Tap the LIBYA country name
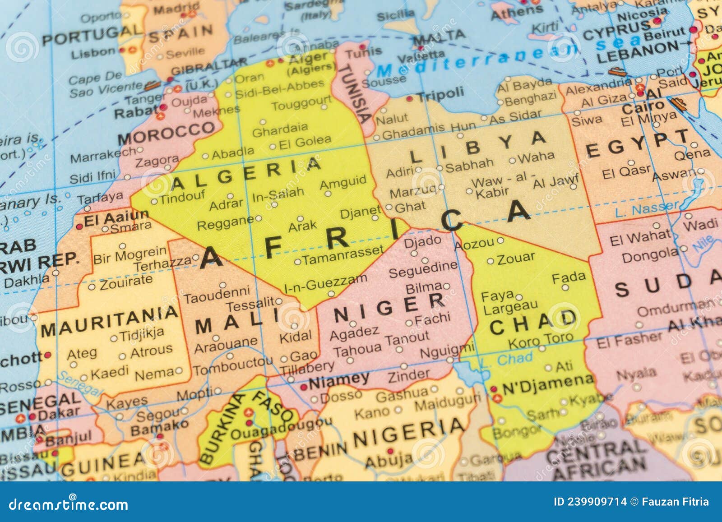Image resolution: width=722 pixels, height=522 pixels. [478, 147]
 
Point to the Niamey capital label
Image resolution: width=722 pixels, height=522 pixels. [338, 381]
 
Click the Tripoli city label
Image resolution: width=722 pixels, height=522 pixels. [440, 95]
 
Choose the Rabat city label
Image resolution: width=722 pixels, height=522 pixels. [135, 111]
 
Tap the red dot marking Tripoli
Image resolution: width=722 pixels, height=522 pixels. [409, 98]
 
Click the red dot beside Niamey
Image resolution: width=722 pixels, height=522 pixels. [304, 387]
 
